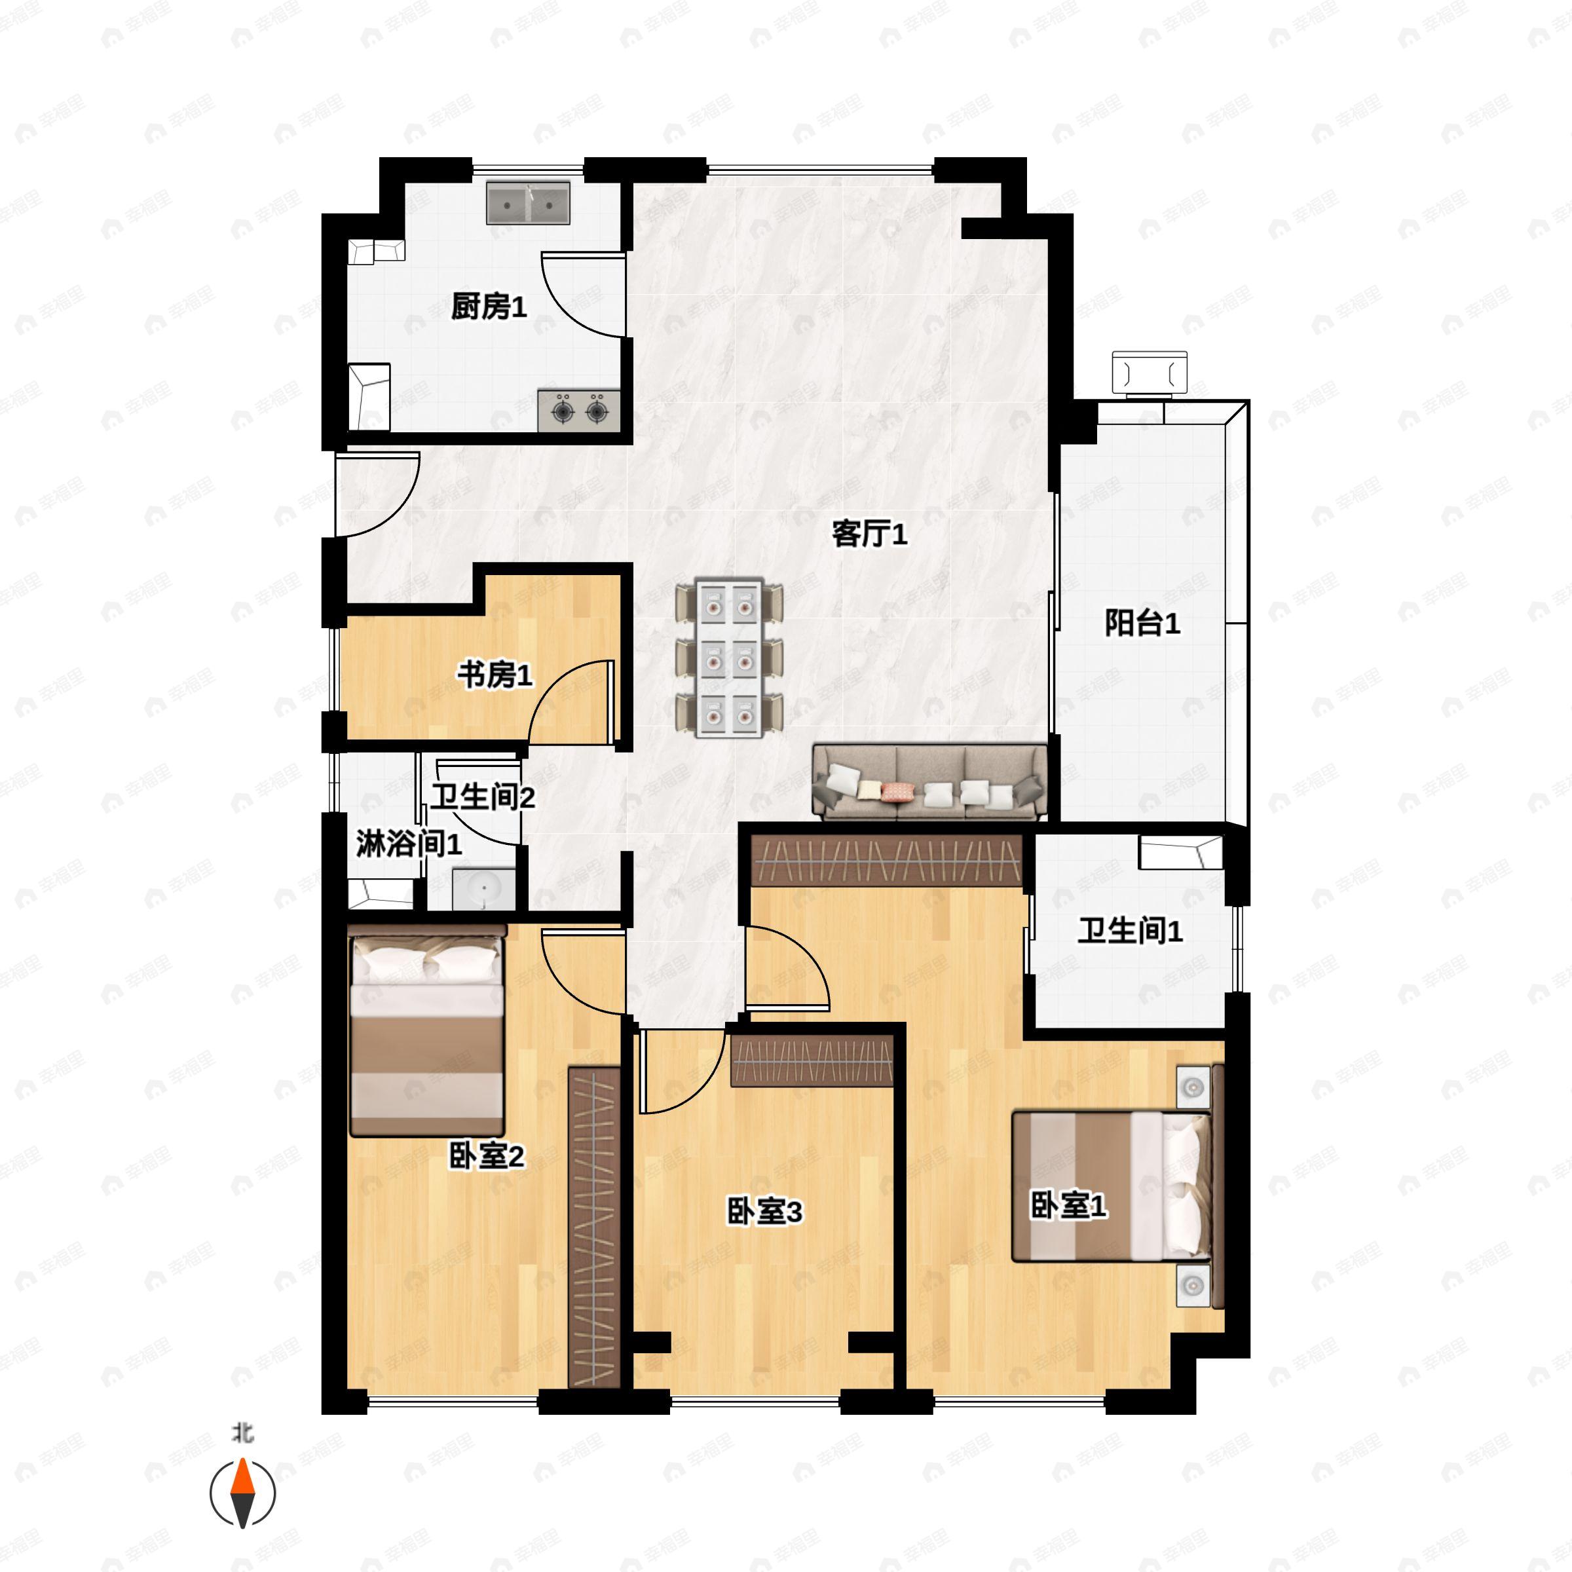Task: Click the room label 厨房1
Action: click(x=489, y=307)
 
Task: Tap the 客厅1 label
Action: click(x=869, y=534)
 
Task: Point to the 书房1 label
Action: click(x=495, y=674)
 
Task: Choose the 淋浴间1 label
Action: click(x=409, y=844)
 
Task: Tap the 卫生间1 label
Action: click(x=1130, y=930)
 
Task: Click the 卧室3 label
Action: click(x=764, y=1210)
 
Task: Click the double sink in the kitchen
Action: click(x=528, y=202)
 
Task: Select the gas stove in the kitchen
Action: click(x=578, y=411)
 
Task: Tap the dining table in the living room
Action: click(x=729, y=658)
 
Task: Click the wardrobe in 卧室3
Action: click(x=812, y=1061)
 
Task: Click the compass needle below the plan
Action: click(x=242, y=1493)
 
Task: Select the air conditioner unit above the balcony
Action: click(x=1150, y=374)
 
